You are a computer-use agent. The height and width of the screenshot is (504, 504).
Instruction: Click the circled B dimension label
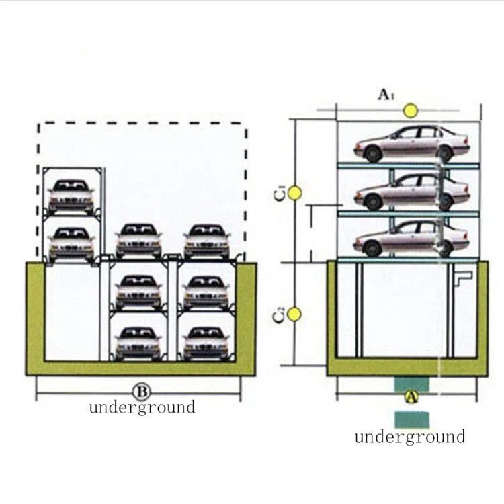(141, 392)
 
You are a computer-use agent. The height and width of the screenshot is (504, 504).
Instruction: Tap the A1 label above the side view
(386, 95)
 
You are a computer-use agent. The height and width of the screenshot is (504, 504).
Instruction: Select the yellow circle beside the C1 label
(294, 193)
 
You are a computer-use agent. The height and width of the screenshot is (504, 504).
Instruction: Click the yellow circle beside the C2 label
(294, 314)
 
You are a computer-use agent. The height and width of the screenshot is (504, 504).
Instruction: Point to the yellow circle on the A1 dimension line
(411, 111)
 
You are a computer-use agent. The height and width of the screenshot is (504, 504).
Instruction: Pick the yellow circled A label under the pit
(411, 396)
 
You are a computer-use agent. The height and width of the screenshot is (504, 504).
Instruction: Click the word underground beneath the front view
(142, 407)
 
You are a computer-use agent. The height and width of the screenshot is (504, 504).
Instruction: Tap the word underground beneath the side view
(410, 437)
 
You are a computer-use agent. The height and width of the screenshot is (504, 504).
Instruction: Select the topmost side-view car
(412, 144)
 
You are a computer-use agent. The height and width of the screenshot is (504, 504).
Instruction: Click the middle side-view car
(412, 192)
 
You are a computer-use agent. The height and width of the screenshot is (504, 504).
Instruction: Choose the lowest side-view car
(412, 239)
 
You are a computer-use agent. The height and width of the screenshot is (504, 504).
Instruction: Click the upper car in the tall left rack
(71, 197)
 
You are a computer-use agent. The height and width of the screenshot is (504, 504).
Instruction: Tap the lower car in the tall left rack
(71, 245)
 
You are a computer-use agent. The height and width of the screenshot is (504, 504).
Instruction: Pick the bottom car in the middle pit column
(138, 343)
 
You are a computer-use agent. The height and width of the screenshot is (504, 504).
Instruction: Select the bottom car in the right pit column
(206, 343)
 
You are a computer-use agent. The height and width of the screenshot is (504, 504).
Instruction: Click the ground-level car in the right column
(207, 241)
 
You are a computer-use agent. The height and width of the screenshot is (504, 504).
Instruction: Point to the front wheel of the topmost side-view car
(373, 154)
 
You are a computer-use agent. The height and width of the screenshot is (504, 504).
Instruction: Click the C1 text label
(280, 193)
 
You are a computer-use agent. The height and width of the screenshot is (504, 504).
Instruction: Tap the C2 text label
(279, 314)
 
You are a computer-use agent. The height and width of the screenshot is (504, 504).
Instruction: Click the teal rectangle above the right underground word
(412, 420)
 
